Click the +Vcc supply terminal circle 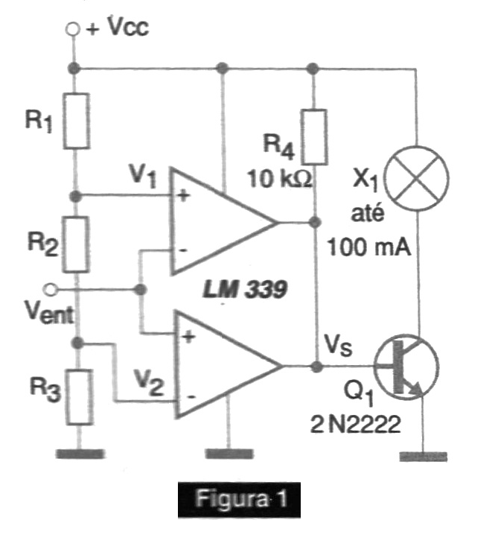(x=72, y=29)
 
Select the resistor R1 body (x=76, y=121)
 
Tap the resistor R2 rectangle (x=76, y=244)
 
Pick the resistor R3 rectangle (x=80, y=397)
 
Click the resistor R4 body (x=313, y=137)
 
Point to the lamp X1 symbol (x=417, y=178)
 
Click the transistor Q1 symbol (x=406, y=367)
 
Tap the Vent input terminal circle (x=50, y=290)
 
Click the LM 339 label (x=245, y=291)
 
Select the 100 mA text (x=370, y=247)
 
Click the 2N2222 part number (x=356, y=424)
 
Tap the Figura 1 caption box (x=239, y=499)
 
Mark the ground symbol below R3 (x=80, y=454)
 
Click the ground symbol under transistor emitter (x=423, y=456)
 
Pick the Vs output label (x=338, y=345)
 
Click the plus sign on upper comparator (x=183, y=195)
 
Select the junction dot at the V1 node (x=76, y=195)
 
